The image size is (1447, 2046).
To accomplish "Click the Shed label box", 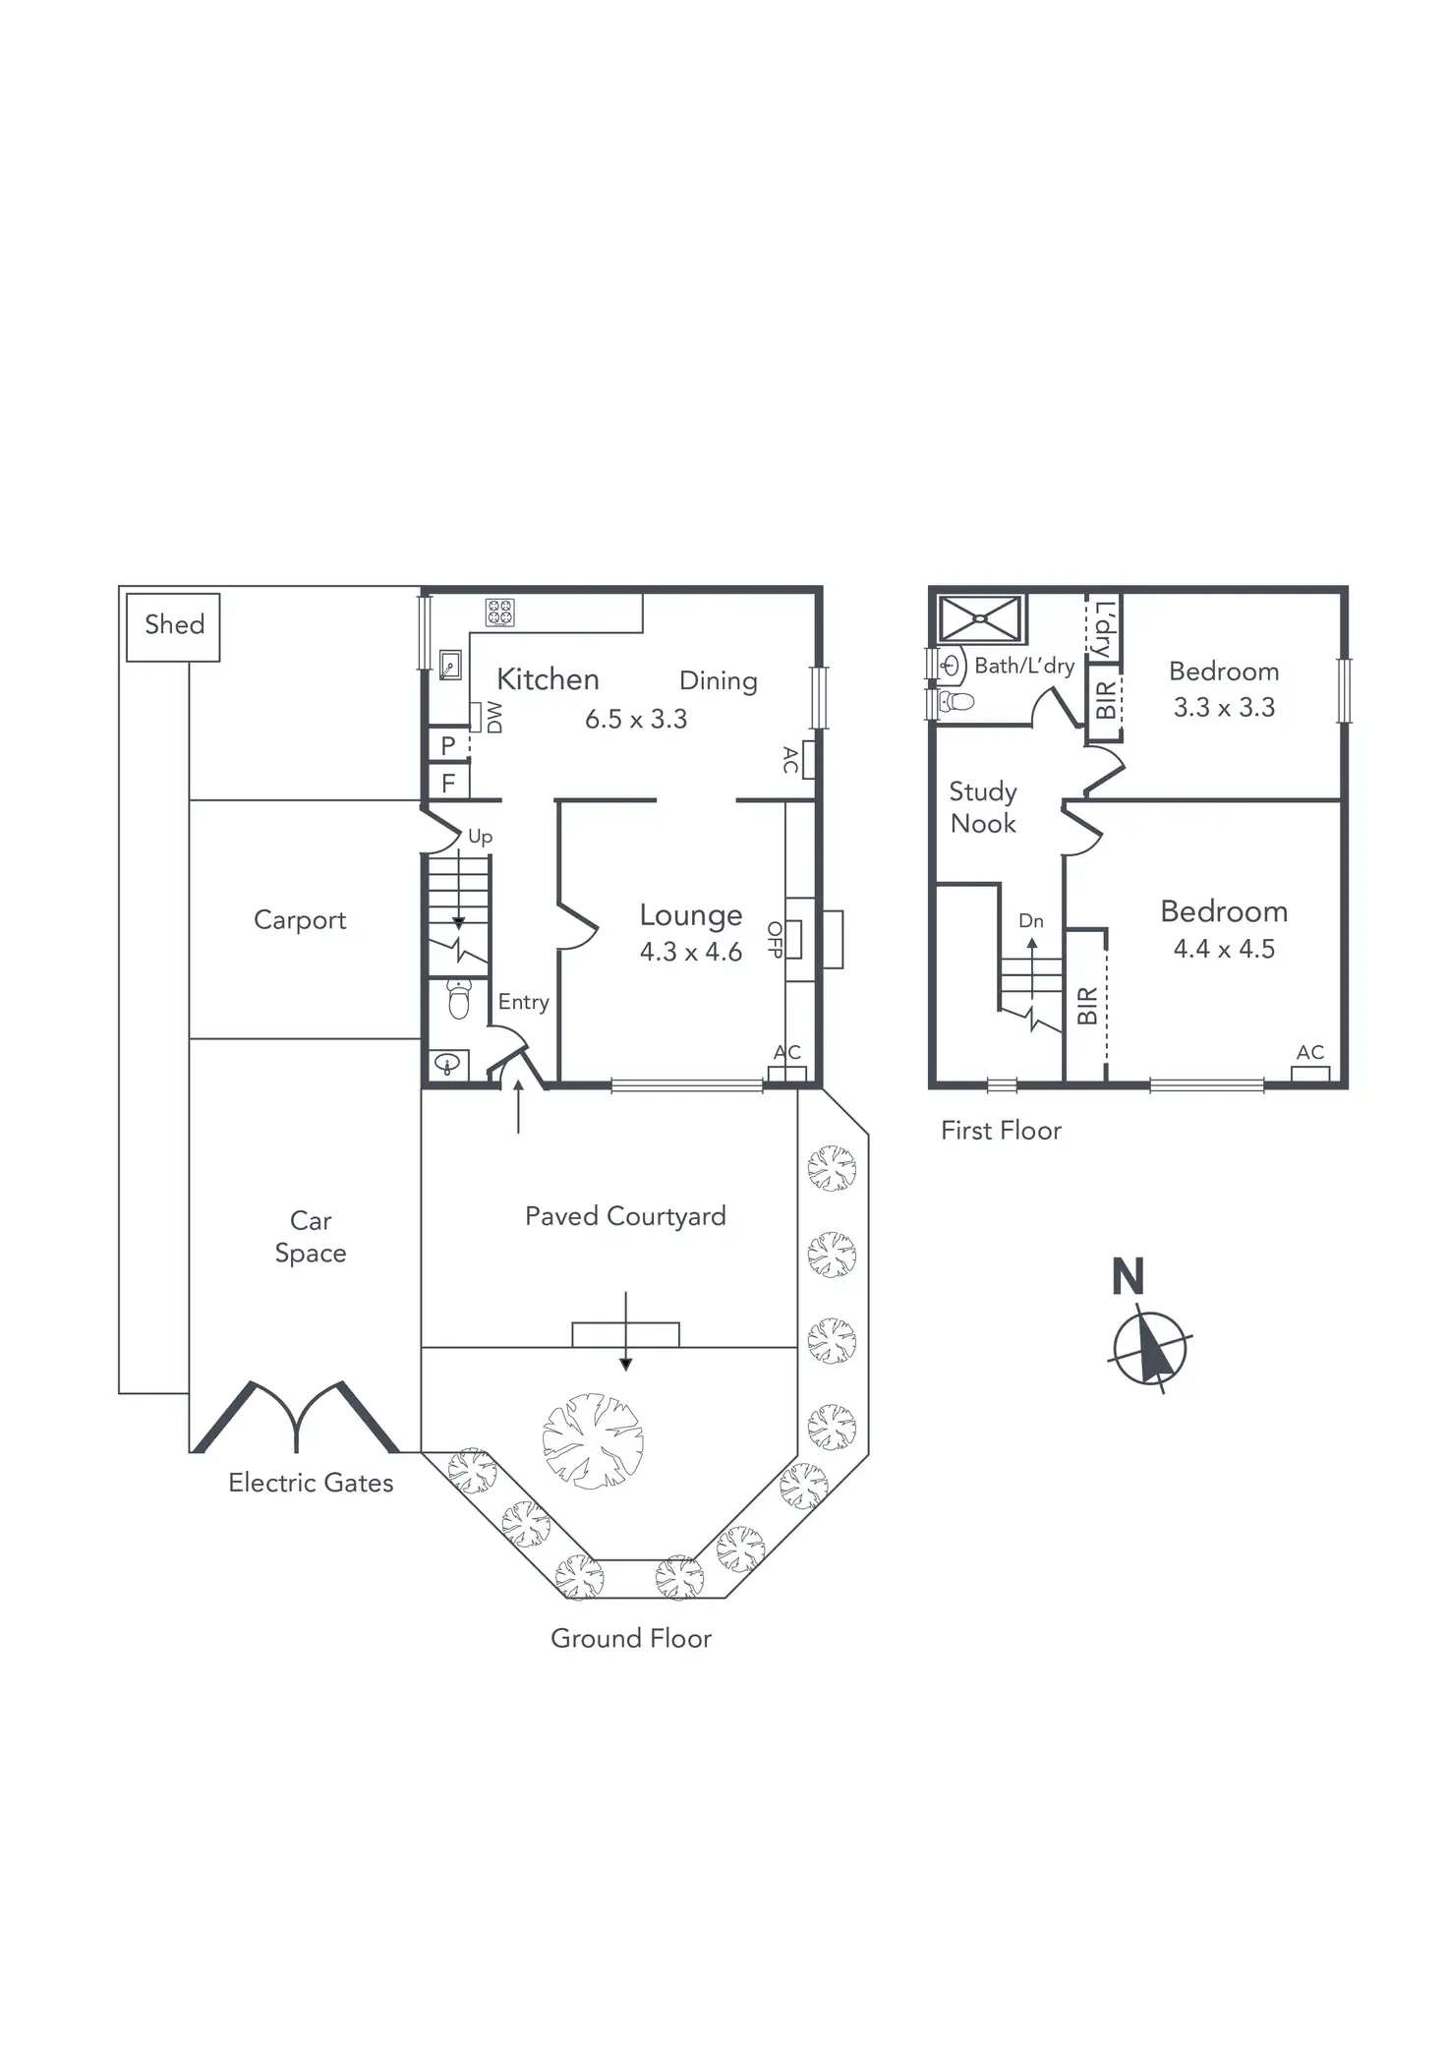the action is click(x=174, y=626).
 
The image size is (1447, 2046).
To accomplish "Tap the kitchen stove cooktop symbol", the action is click(x=499, y=613).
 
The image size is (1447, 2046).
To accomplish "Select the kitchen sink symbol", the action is click(x=450, y=666).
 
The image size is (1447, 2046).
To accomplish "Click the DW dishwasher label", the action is click(x=493, y=717).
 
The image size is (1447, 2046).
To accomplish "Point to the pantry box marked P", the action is click(x=448, y=745).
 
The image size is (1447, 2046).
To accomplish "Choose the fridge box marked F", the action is click(x=448, y=783).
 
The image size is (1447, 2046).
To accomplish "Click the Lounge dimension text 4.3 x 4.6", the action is click(x=690, y=952).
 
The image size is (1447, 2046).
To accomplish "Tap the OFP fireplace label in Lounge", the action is click(x=776, y=939).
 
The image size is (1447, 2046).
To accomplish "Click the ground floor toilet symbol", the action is click(x=458, y=999).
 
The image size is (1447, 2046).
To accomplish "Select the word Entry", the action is click(x=523, y=1002).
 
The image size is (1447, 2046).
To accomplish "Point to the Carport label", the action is click(x=300, y=920).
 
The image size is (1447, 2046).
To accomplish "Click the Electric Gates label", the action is click(x=311, y=1483).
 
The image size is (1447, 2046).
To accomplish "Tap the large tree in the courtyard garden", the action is click(x=593, y=1441).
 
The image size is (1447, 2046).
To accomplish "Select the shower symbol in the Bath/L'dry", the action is click(x=980, y=619).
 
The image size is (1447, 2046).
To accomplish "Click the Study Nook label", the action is click(x=983, y=807).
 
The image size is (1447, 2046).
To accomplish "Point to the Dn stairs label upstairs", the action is click(x=1030, y=921).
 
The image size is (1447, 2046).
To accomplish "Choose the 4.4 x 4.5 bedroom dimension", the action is click(x=1224, y=949).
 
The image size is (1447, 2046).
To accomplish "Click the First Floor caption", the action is click(x=1001, y=1131).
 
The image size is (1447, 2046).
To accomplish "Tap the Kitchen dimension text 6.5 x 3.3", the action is click(x=636, y=720).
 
